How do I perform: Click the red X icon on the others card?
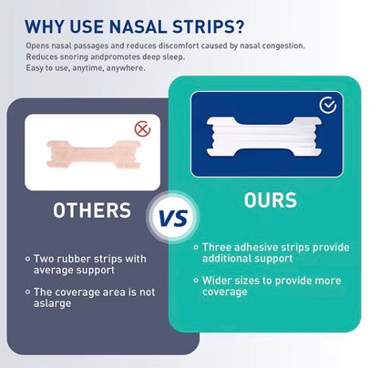(142, 128)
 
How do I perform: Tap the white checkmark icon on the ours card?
(327, 106)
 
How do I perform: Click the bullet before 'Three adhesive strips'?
(196, 247)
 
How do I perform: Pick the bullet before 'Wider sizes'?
(196, 281)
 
